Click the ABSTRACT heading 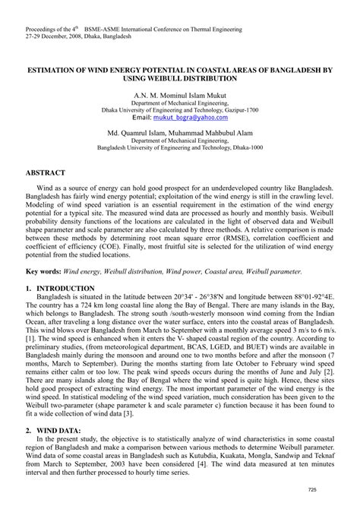coord(47,173)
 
